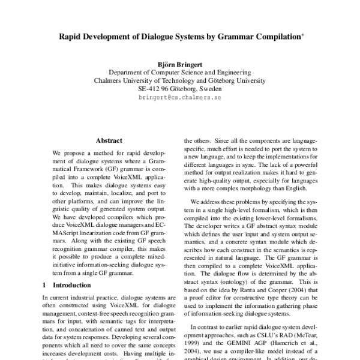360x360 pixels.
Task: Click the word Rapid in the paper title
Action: coord(70,36)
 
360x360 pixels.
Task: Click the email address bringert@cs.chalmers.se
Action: coord(179,97)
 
